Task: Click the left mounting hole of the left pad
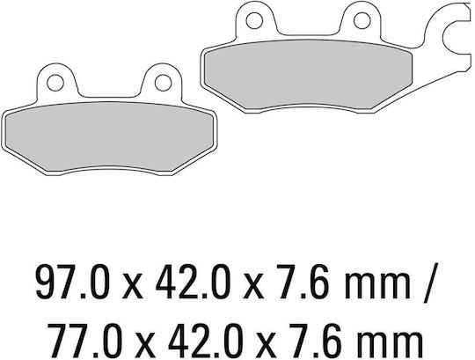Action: tap(55, 83)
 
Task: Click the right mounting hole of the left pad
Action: tap(164, 83)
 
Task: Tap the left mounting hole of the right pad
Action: tap(254, 20)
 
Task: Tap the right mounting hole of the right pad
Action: tap(362, 20)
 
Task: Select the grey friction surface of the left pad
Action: tap(110, 136)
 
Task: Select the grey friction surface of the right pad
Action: tap(309, 74)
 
